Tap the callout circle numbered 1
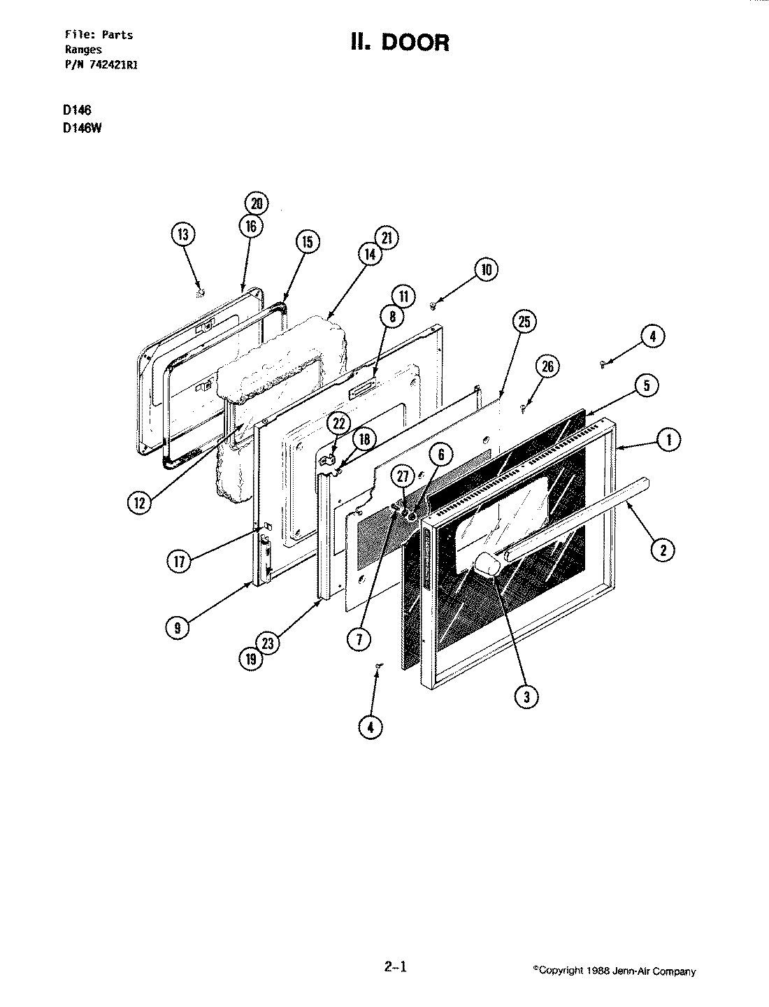(669, 440)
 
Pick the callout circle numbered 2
(663, 550)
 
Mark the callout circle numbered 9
(178, 628)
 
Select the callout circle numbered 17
(180, 561)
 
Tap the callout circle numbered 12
(141, 501)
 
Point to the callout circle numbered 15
(306, 242)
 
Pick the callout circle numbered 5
(647, 385)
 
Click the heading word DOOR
(419, 43)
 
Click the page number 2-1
(395, 968)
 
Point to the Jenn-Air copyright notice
(615, 971)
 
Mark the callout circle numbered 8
(393, 316)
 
